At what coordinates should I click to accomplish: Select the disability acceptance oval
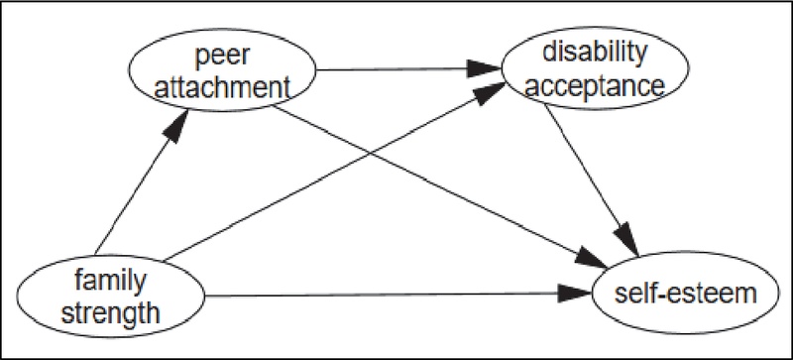click(583, 69)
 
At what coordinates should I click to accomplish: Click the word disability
click(584, 53)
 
